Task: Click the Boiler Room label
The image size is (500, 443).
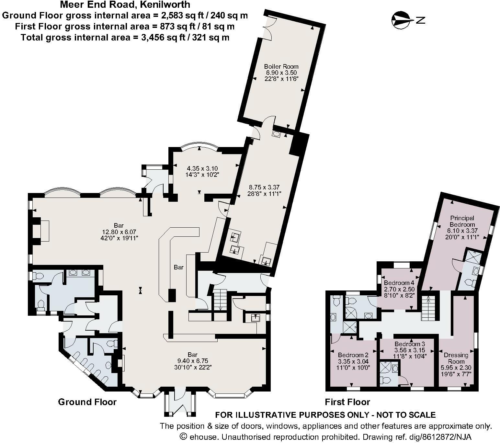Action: tap(281, 67)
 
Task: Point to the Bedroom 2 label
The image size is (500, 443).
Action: tap(353, 355)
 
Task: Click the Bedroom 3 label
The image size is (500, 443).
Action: tap(409, 344)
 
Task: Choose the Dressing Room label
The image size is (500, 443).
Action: tap(456, 358)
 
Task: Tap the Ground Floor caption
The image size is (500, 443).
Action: tap(87, 402)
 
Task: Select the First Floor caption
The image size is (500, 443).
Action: tap(347, 402)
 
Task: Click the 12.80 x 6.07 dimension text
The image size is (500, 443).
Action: tap(119, 232)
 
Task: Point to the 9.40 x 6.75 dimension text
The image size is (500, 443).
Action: tap(192, 361)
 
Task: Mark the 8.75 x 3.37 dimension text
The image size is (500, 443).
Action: tap(264, 187)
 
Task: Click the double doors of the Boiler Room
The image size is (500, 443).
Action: tap(268, 28)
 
